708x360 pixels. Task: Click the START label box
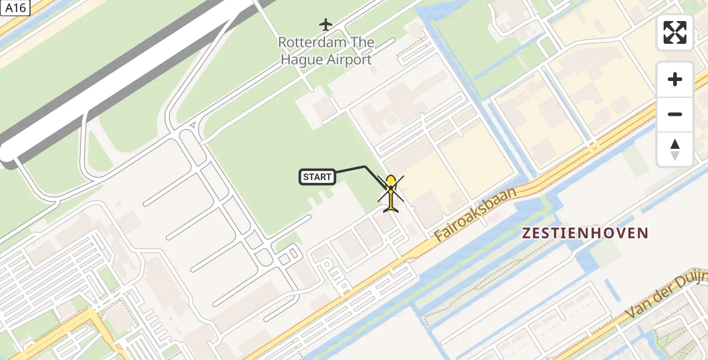click(x=317, y=177)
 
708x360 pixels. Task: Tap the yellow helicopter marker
click(x=391, y=193)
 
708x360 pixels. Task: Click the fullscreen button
click(x=675, y=32)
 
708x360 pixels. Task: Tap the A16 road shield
click(x=15, y=8)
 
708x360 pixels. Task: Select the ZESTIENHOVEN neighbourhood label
click(x=585, y=233)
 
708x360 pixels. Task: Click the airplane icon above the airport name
click(x=325, y=25)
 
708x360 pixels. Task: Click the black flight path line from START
click(x=351, y=169)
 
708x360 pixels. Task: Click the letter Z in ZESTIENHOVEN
click(x=526, y=233)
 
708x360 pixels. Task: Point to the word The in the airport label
click(x=363, y=43)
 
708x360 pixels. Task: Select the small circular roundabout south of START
click(x=327, y=264)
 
